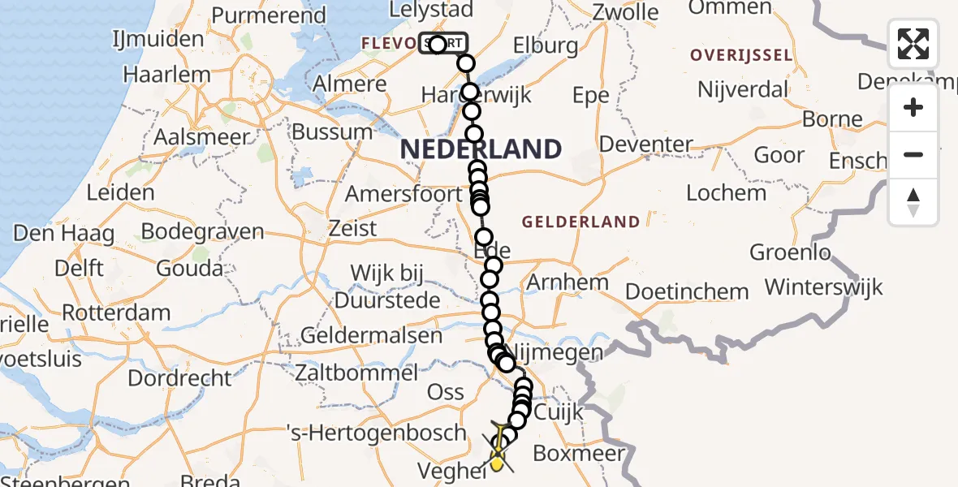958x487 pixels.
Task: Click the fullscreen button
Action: click(x=913, y=44)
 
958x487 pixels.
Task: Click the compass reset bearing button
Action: click(x=913, y=201)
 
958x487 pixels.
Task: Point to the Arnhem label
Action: click(x=567, y=282)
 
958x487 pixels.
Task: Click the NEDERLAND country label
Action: click(x=481, y=149)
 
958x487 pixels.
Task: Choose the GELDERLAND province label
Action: click(x=580, y=222)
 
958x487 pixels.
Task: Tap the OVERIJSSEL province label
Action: click(x=740, y=55)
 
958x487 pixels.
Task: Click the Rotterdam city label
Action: click(x=116, y=312)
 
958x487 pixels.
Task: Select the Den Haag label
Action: click(x=63, y=234)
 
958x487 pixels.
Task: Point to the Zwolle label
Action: click(x=625, y=12)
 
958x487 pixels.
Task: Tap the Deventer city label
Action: click(x=646, y=145)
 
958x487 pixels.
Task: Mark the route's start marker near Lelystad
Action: click(x=438, y=44)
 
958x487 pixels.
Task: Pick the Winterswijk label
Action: click(x=823, y=287)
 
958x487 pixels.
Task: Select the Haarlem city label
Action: click(x=166, y=75)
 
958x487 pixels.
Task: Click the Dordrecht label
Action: click(x=179, y=377)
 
